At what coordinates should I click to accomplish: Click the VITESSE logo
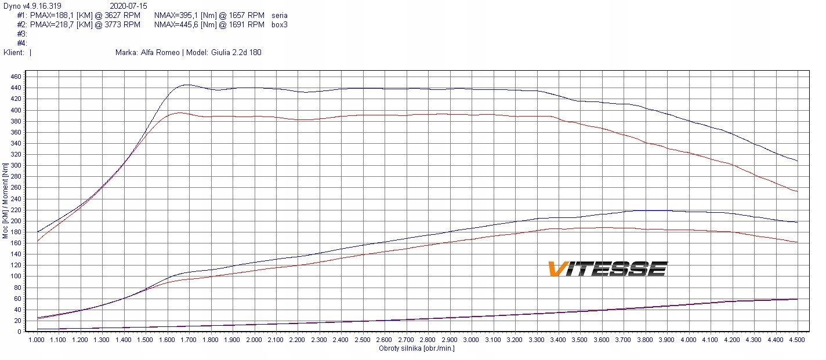607,269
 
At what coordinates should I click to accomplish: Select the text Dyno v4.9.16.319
31,6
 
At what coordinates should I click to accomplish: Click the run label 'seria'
279,15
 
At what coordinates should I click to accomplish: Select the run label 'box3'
279,24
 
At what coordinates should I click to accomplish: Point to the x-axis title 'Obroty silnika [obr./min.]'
416,348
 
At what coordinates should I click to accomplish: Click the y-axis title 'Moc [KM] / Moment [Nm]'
5,201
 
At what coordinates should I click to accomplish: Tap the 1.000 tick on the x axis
37,340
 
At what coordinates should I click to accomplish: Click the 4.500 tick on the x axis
798,340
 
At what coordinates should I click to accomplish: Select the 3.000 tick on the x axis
472,340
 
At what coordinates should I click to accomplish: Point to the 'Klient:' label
14,52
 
